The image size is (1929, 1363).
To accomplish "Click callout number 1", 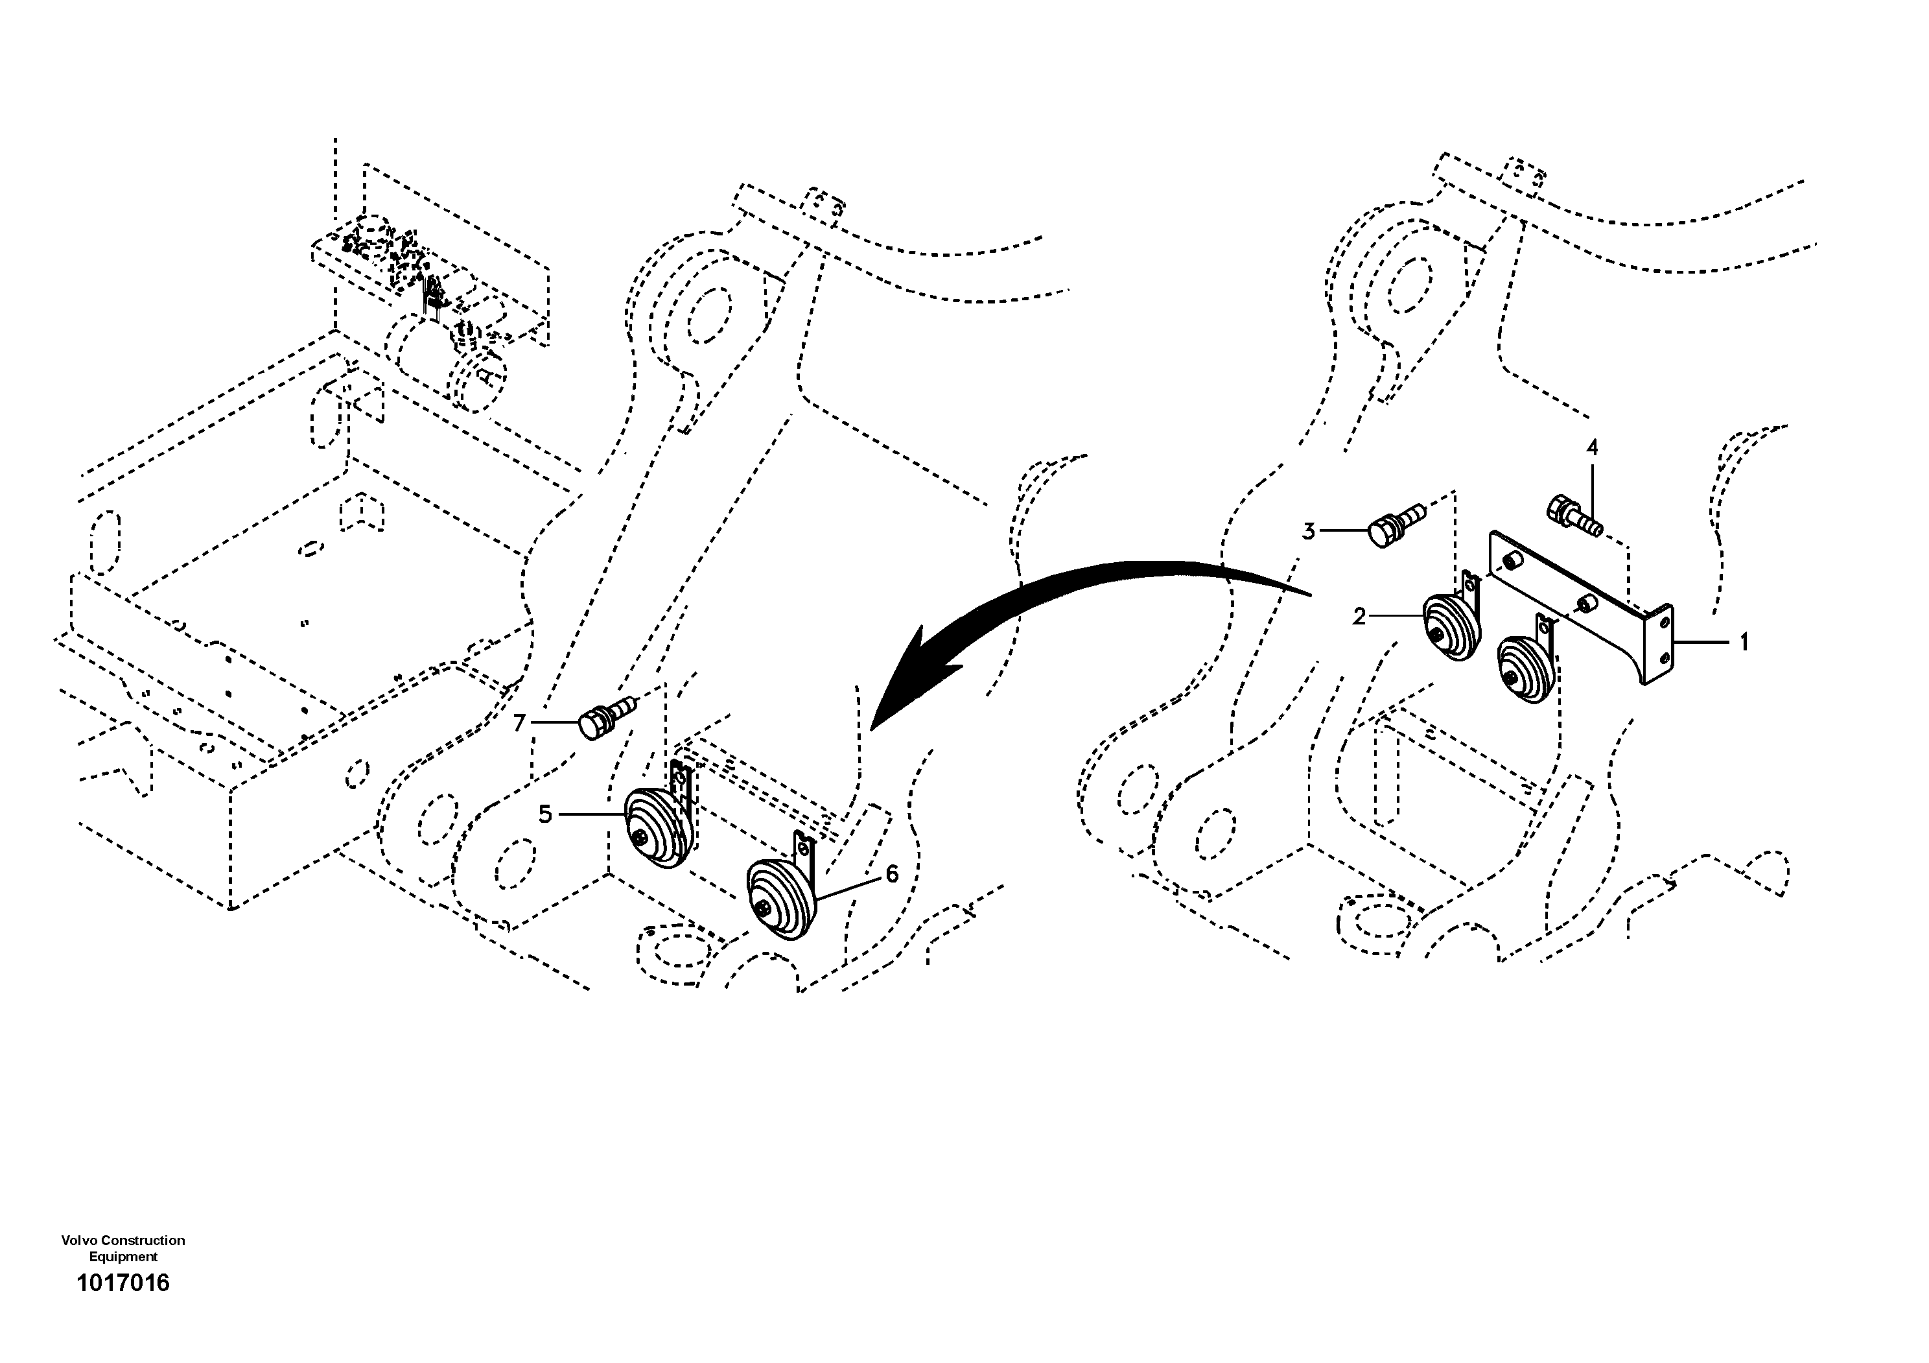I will pos(1744,643).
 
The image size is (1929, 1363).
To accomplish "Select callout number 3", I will pos(1309,532).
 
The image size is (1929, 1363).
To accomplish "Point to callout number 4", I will pos(1591,449).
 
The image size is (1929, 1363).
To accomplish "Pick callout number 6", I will pos(891,875).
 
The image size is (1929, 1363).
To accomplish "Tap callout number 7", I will pos(519,724).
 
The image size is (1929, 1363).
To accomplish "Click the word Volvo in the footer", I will pos(78,1240).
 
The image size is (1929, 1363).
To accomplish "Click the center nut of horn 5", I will pos(642,837).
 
